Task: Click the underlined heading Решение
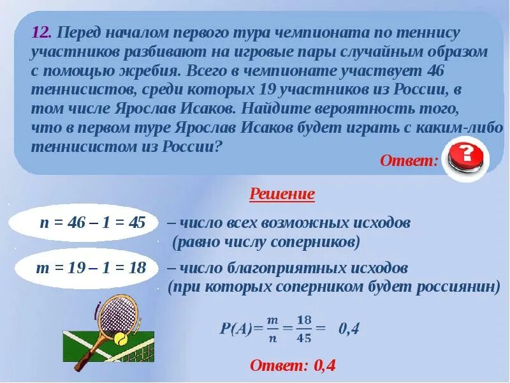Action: tap(282, 194)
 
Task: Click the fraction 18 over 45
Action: tap(304, 329)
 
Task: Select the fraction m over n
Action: tap(273, 329)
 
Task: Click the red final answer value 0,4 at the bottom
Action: tap(324, 366)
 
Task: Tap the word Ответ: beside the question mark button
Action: tap(409, 160)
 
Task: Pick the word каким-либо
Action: tap(465, 127)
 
